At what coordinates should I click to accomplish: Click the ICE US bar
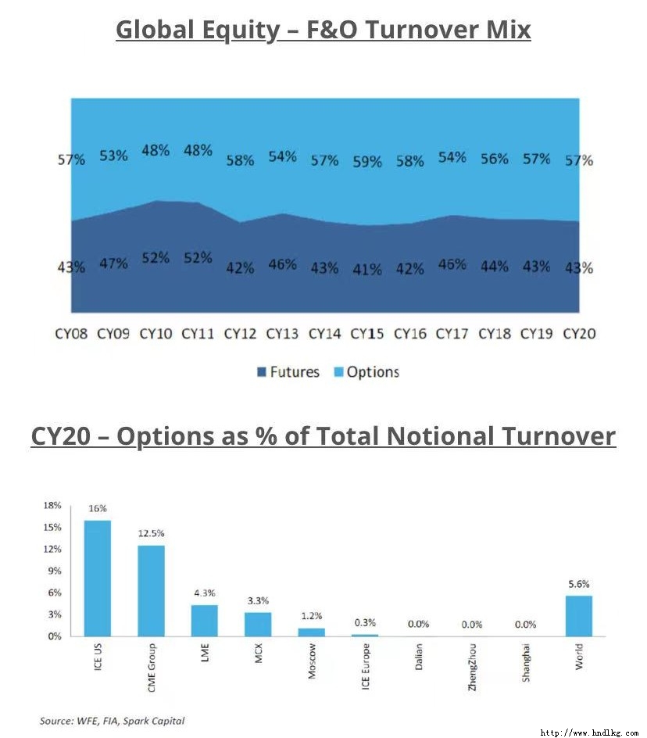click(98, 578)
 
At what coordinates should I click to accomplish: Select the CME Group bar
click(152, 590)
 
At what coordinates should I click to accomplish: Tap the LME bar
click(205, 620)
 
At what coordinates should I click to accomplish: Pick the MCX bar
click(258, 624)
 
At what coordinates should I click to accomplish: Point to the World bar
click(579, 616)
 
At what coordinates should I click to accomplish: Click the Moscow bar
click(312, 632)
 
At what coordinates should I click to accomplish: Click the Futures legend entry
click(288, 372)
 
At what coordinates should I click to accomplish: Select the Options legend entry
click(367, 372)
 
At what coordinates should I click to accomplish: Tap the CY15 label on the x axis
click(367, 334)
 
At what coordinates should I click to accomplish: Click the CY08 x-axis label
click(72, 334)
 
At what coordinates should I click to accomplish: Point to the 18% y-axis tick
click(52, 506)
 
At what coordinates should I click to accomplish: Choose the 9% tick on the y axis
click(55, 571)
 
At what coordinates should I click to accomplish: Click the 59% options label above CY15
click(367, 162)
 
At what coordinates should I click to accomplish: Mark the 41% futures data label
click(367, 270)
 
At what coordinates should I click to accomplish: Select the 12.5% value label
click(152, 533)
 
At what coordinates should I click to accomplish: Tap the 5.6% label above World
click(579, 584)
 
